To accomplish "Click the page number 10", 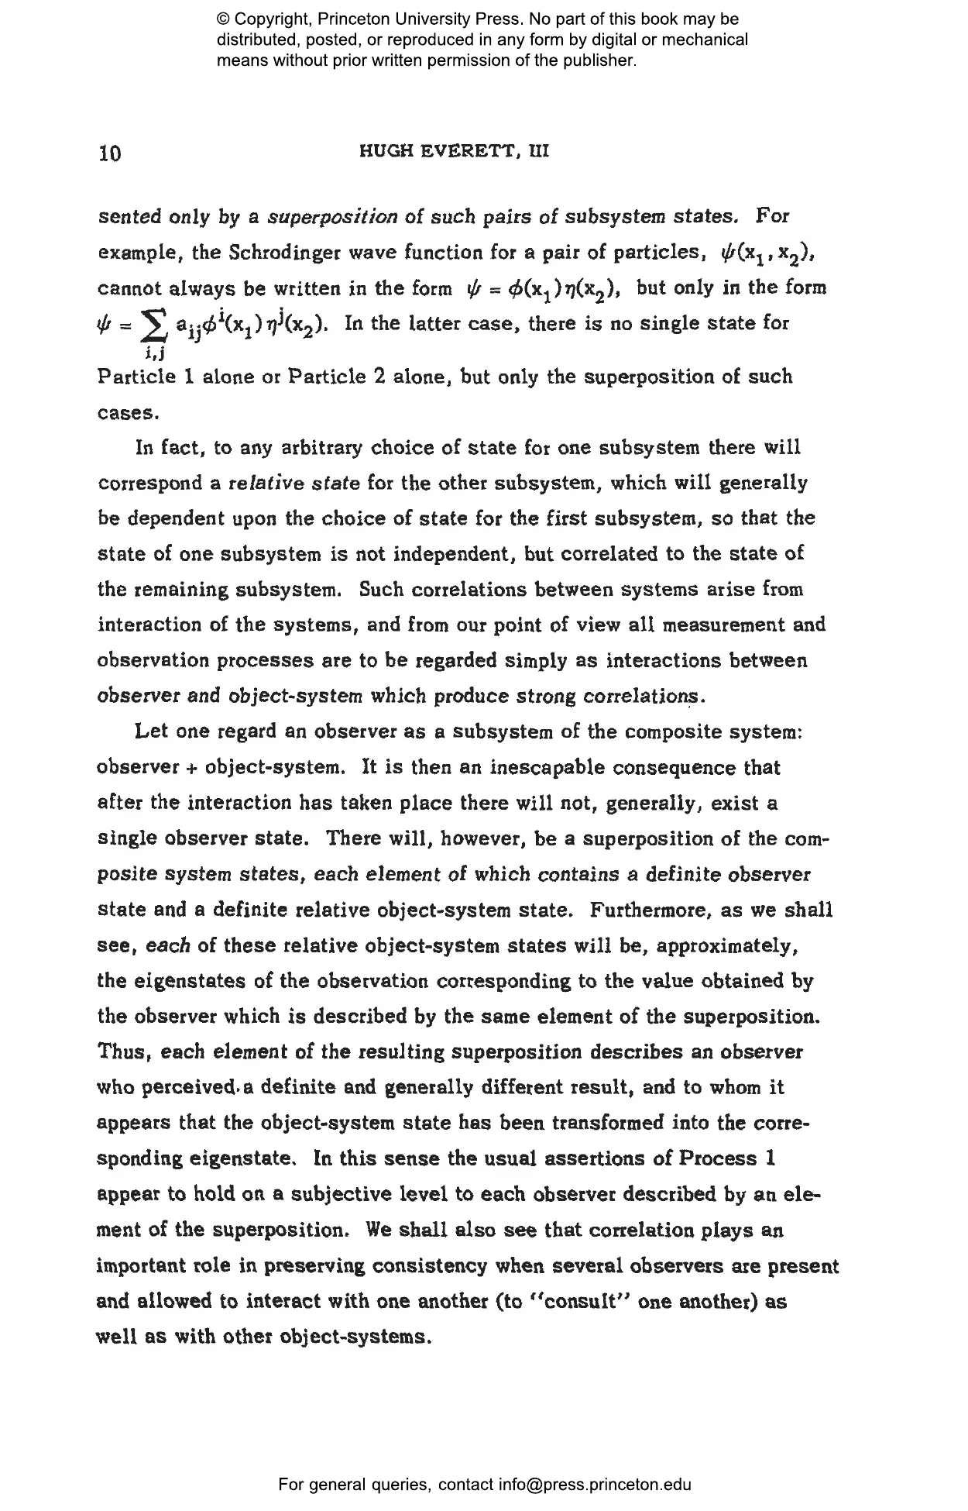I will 111,153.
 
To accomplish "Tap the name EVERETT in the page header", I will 450,151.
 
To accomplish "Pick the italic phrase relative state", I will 294,484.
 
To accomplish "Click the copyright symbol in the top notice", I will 224,19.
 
